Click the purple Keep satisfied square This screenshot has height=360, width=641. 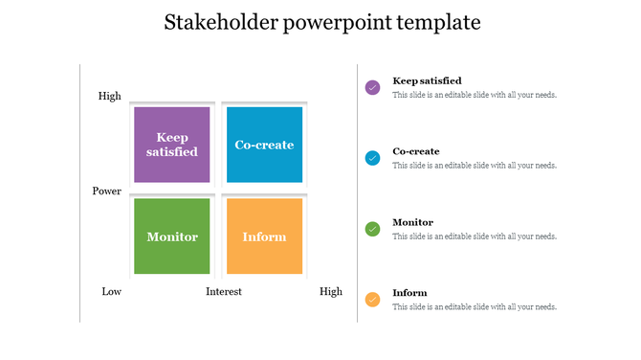coord(172,145)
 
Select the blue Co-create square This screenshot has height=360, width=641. coord(264,145)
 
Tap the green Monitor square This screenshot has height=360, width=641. coord(172,236)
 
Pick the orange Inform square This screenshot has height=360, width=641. coord(264,236)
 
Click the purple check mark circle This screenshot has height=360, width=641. coord(373,87)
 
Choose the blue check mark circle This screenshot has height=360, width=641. coord(373,158)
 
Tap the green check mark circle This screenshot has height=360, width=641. coord(373,229)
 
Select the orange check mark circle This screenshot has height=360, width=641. coord(373,300)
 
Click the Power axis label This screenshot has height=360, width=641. coord(106,191)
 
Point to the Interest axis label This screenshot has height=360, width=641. coord(224,291)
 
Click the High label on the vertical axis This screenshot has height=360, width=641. coord(109,96)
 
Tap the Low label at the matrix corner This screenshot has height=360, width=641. coord(111,291)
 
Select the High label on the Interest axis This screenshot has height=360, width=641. coord(330,291)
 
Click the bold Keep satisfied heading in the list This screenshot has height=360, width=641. coord(427,80)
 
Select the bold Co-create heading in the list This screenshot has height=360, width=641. coord(416,151)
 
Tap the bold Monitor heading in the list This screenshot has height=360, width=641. coord(413,222)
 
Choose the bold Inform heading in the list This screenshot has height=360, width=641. coord(409,293)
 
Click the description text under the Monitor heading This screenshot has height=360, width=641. coord(475,236)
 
